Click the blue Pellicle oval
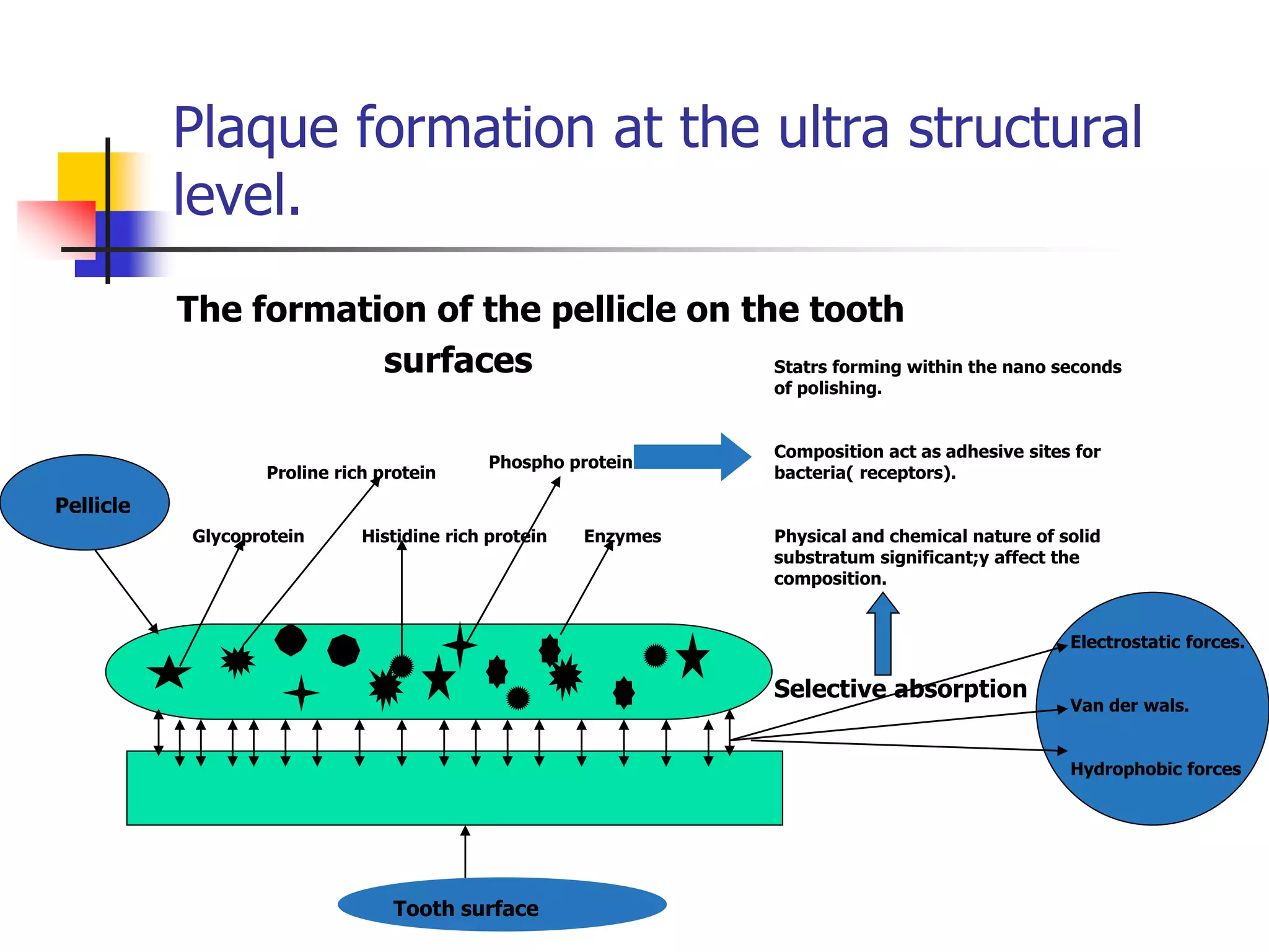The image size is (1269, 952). click(85, 502)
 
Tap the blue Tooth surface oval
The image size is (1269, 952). click(502, 905)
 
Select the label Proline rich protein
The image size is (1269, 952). click(351, 473)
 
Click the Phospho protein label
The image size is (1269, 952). click(560, 462)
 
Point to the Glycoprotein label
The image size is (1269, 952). click(248, 536)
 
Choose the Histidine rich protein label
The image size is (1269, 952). click(454, 536)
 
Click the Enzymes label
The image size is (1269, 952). click(622, 536)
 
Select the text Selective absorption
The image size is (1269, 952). click(900, 689)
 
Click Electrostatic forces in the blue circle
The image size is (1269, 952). click(1157, 642)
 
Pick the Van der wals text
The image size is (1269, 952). click(1129, 706)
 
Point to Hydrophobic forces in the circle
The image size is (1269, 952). click(1156, 769)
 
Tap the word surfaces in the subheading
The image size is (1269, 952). click(458, 361)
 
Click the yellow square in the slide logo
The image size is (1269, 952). click(81, 177)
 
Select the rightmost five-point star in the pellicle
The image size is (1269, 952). click(692, 657)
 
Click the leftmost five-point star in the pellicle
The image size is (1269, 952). click(169, 672)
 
